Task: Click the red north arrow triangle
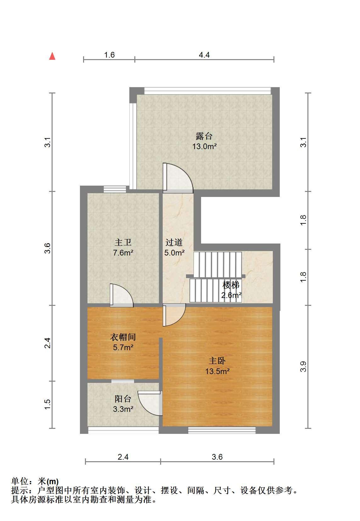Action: (52, 56)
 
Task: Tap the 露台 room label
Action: (204, 136)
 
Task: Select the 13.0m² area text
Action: (204, 147)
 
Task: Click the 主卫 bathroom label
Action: (123, 242)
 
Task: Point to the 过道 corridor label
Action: (174, 242)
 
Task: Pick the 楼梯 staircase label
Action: (231, 285)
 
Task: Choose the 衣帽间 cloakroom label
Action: (123, 337)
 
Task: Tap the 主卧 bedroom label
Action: (217, 361)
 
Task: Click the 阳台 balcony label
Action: (123, 399)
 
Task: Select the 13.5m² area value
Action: (217, 371)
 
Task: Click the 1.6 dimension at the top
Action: (109, 55)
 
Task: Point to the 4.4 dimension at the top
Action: (204, 55)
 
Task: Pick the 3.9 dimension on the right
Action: (303, 367)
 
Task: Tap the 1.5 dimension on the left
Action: (47, 405)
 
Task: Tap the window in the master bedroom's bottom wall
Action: (222, 430)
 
